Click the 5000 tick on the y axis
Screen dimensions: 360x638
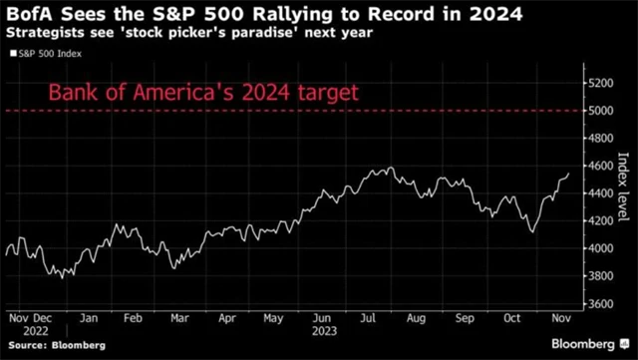click(600, 111)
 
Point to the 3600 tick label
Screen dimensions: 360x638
click(600, 303)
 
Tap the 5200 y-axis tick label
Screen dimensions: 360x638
click(600, 83)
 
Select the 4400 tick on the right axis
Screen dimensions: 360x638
click(600, 193)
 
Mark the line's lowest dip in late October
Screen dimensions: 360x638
click(532, 232)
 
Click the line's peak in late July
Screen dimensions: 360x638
click(391, 168)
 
